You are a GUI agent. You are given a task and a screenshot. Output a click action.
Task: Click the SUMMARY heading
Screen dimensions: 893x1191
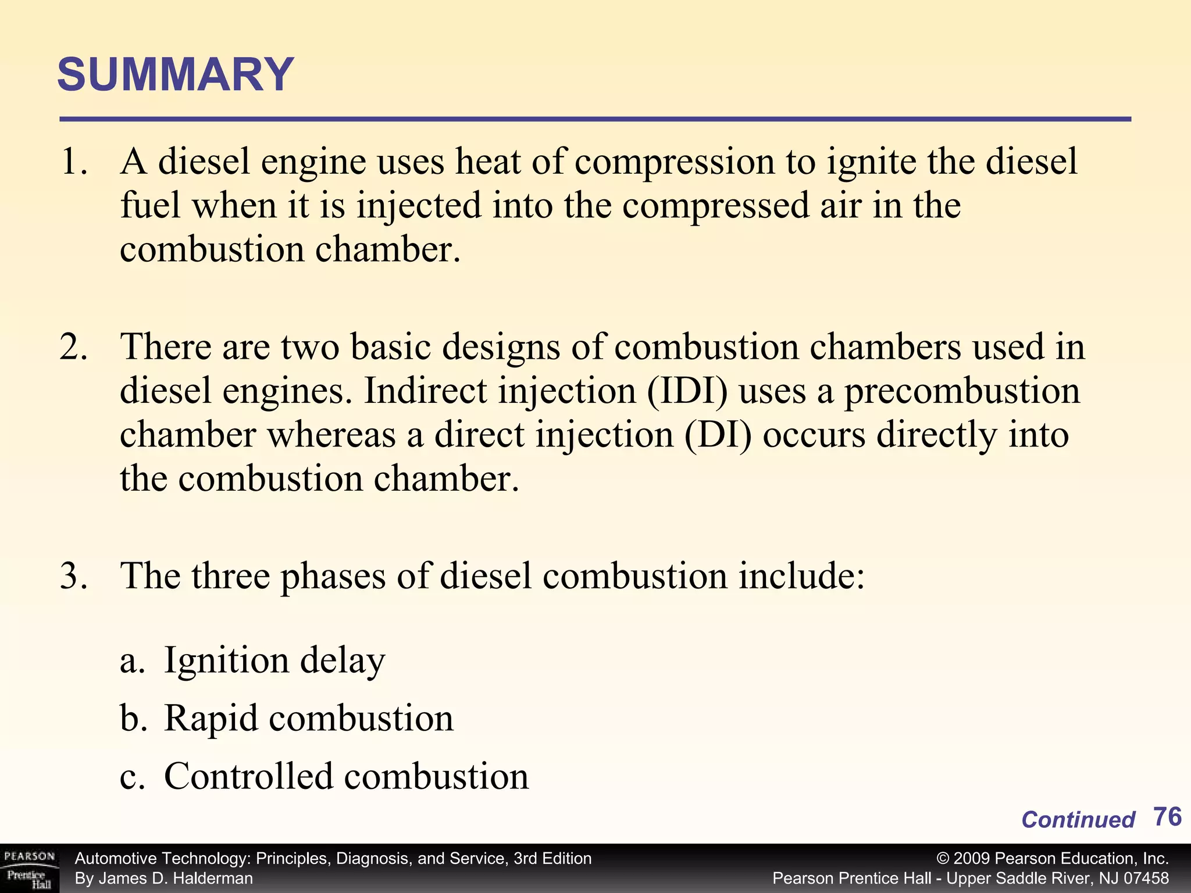point(176,75)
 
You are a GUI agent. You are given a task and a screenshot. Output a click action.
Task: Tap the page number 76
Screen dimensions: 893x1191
point(1167,817)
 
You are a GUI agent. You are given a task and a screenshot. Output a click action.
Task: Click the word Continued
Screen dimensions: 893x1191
point(1078,820)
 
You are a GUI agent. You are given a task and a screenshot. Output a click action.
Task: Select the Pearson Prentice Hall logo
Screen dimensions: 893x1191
point(29,869)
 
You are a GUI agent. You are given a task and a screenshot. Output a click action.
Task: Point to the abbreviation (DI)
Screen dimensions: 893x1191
point(718,435)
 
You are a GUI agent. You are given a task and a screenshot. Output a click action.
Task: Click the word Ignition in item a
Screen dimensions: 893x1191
point(226,661)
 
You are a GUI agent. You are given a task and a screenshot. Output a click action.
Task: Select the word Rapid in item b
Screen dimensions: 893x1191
point(211,719)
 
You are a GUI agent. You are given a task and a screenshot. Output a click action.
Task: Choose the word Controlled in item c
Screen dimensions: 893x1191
point(248,776)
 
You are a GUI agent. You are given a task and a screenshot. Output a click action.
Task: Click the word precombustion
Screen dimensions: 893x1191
point(962,391)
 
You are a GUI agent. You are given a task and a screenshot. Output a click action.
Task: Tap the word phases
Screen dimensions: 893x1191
point(333,576)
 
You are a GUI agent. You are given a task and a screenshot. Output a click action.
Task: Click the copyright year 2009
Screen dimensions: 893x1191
point(972,859)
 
